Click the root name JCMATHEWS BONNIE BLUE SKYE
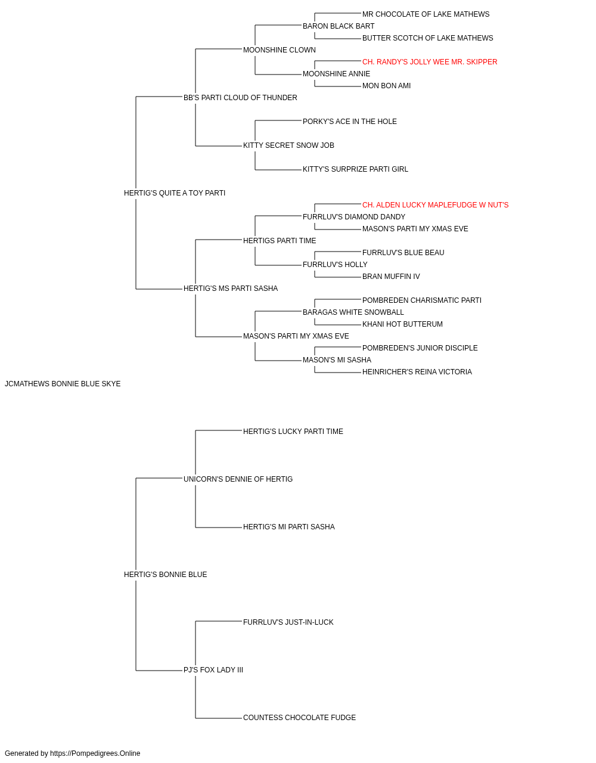(x=63, y=384)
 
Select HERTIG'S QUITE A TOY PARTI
(x=175, y=193)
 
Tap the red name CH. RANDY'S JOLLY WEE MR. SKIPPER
(x=430, y=62)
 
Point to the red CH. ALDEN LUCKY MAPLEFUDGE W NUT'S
(x=435, y=205)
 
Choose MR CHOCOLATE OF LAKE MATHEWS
(x=426, y=14)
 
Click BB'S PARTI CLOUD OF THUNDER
(x=240, y=98)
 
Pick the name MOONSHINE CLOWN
(x=280, y=50)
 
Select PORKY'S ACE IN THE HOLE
(x=350, y=122)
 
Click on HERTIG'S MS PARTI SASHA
(x=231, y=289)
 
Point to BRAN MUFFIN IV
(x=391, y=277)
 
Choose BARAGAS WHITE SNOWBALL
(x=353, y=312)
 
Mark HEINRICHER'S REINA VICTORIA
(x=417, y=372)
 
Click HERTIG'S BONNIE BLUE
(x=165, y=575)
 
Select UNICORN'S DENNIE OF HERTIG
(x=238, y=479)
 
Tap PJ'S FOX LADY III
(x=213, y=670)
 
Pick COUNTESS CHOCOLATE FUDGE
(x=299, y=718)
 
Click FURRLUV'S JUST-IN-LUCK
(x=288, y=622)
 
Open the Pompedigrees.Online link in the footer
(x=95, y=753)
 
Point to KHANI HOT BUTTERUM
(x=402, y=324)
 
